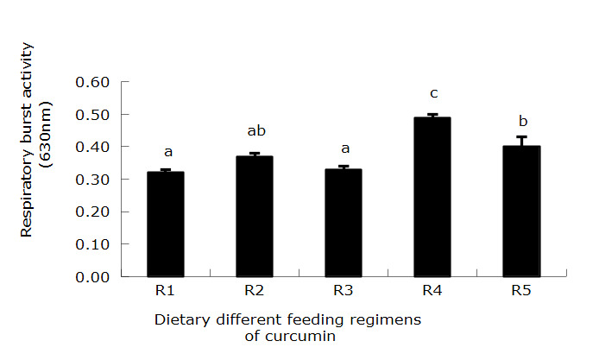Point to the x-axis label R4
432,290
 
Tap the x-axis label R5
520,290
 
